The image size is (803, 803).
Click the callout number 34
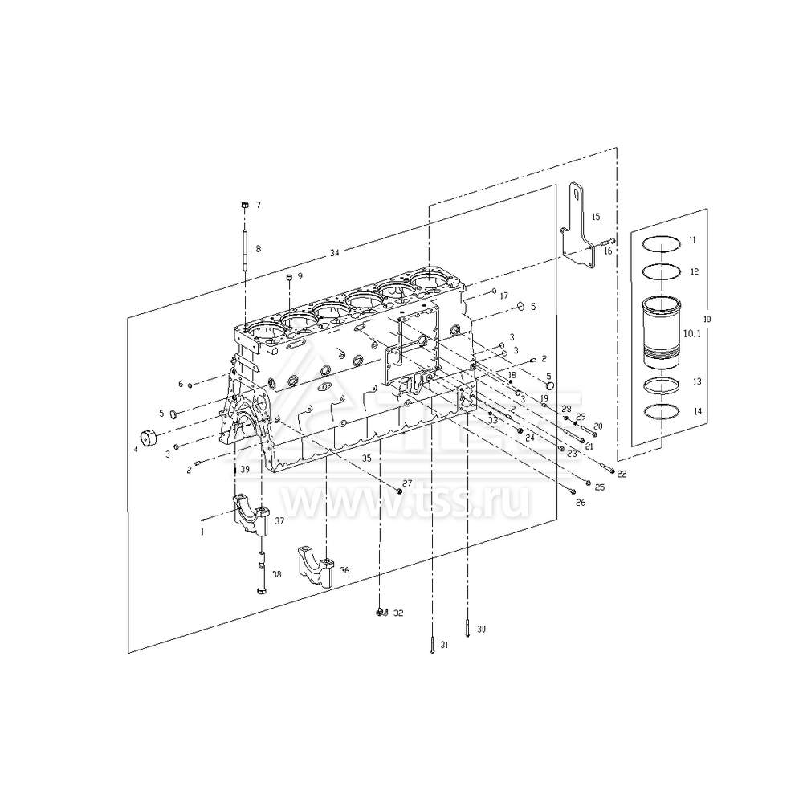click(x=334, y=254)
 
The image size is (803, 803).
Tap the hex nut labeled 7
click(x=243, y=206)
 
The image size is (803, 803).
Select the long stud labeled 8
click(x=243, y=249)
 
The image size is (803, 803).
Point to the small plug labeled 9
click(x=288, y=277)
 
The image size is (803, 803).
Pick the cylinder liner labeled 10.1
click(x=663, y=331)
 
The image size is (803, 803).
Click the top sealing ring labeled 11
click(x=663, y=241)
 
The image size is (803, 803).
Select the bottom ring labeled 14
click(x=663, y=411)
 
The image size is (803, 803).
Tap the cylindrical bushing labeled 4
click(x=150, y=440)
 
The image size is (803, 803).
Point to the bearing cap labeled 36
click(x=317, y=567)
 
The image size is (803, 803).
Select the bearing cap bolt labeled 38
click(x=263, y=572)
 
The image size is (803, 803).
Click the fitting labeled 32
click(x=380, y=613)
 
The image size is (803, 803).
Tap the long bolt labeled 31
click(x=432, y=645)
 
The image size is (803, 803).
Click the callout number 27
click(x=407, y=483)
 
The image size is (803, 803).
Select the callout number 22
click(x=622, y=475)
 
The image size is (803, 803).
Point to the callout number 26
click(x=581, y=503)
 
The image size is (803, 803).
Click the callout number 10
click(x=707, y=319)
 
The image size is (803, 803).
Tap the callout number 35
click(x=366, y=459)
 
